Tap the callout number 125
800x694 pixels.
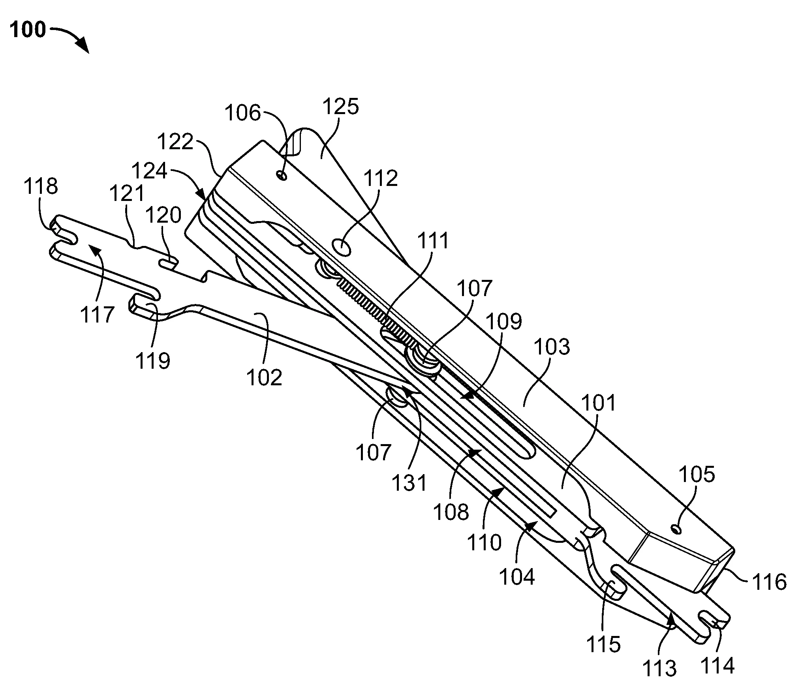coord(341,107)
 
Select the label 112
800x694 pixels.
coord(380,178)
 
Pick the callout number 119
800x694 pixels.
coord(153,360)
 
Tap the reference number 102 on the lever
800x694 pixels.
coord(264,377)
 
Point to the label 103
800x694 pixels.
coord(552,347)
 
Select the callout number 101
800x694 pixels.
coord(599,403)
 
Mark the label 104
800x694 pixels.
coord(517,576)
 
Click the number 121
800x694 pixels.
coord(127,194)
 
